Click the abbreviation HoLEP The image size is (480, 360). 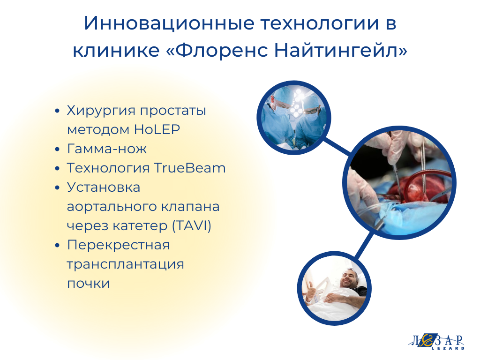[x=157, y=129]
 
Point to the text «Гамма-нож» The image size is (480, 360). [x=107, y=149]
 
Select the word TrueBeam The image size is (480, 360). [x=189, y=168]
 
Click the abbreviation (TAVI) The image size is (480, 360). [x=192, y=226]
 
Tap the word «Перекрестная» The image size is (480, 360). [x=118, y=245]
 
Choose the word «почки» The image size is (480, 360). [x=89, y=284]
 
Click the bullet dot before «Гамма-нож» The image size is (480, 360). [x=57, y=150]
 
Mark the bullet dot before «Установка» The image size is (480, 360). [x=57, y=187]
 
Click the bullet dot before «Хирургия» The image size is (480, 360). [x=57, y=111]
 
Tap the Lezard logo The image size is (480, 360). [x=437, y=341]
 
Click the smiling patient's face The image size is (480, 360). [x=350, y=278]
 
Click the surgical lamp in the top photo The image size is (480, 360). [x=296, y=104]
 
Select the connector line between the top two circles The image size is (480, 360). [x=337, y=146]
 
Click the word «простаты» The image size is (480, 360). [x=173, y=111]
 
